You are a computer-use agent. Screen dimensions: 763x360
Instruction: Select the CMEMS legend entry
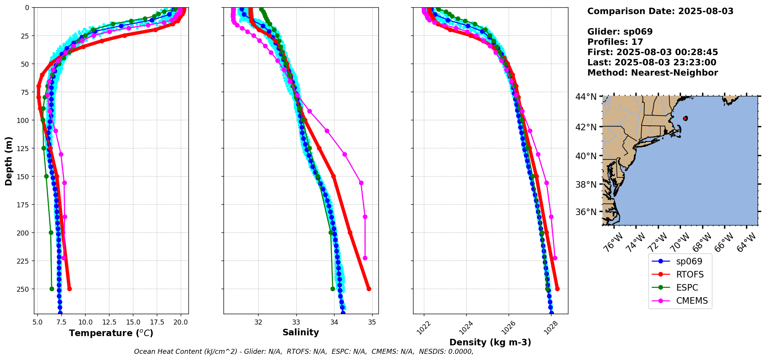(680, 301)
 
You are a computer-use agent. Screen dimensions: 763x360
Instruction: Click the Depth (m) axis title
(8, 161)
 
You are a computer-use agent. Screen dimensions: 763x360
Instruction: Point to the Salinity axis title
(301, 332)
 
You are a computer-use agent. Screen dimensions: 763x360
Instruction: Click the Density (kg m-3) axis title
(490, 342)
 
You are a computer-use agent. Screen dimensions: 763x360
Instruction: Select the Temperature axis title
(111, 333)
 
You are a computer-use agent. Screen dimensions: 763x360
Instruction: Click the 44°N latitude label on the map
(586, 96)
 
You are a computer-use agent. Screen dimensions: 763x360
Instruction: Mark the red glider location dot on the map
(685, 118)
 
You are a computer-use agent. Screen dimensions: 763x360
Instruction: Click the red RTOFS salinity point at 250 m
(369, 289)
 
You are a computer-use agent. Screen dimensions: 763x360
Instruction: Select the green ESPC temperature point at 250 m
(52, 289)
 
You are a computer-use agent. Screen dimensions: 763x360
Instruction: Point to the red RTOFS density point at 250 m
(557, 289)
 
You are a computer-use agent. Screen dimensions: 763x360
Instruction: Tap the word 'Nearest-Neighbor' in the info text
(674, 73)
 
